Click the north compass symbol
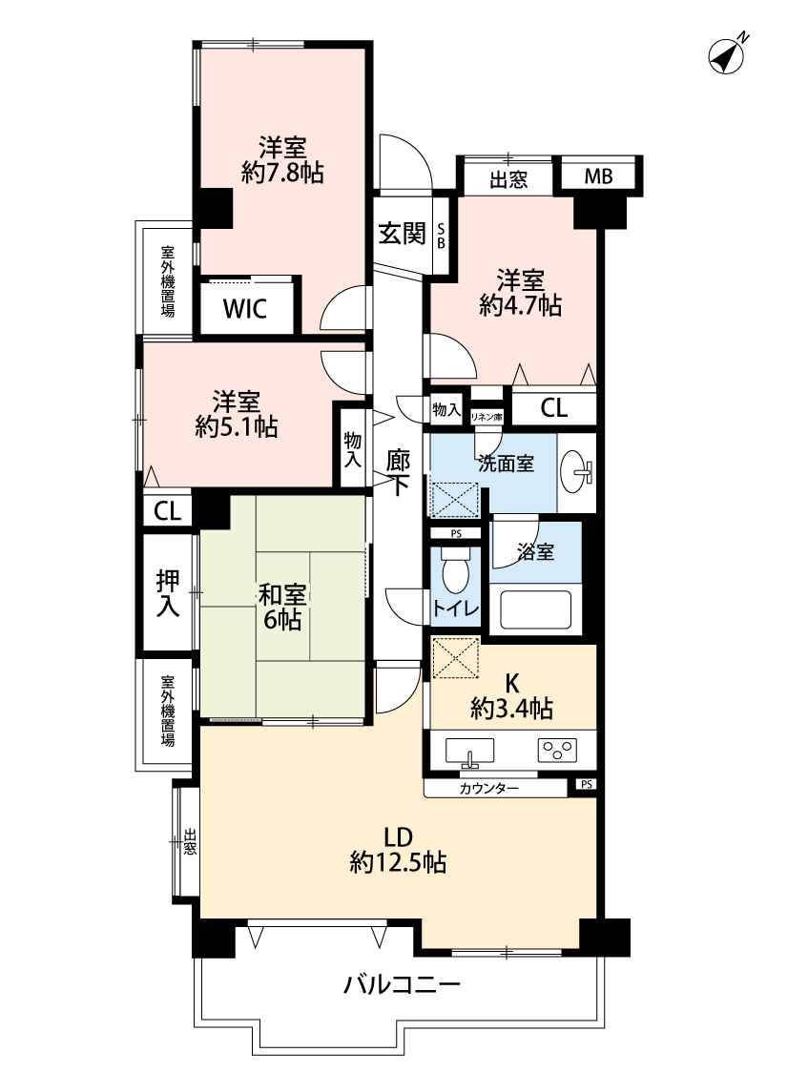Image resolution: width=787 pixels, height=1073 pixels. tap(727, 54)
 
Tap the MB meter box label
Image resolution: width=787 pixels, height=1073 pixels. tap(598, 176)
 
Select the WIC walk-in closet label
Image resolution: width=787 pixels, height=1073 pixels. tap(244, 309)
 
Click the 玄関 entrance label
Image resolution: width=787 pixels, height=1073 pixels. tap(403, 234)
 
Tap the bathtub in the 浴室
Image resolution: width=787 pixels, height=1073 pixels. tap(536, 608)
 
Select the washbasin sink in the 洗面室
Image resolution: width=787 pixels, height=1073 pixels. tap(576, 471)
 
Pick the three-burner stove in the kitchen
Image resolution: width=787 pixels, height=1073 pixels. tap(558, 751)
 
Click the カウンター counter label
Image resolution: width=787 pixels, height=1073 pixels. tap(488, 789)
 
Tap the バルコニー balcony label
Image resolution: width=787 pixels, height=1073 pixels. tap(402, 985)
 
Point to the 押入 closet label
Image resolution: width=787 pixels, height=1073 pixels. tap(168, 593)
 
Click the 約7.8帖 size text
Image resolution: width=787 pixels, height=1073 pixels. tap(282, 174)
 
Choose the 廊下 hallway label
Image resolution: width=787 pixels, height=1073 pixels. tap(398, 472)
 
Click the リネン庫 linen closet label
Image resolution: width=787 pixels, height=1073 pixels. tap(487, 416)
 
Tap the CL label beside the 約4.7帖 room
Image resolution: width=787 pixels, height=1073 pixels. tap(553, 408)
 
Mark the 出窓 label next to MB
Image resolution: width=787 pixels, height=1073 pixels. tap(508, 180)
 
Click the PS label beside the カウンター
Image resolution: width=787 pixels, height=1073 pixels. tap(586, 785)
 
